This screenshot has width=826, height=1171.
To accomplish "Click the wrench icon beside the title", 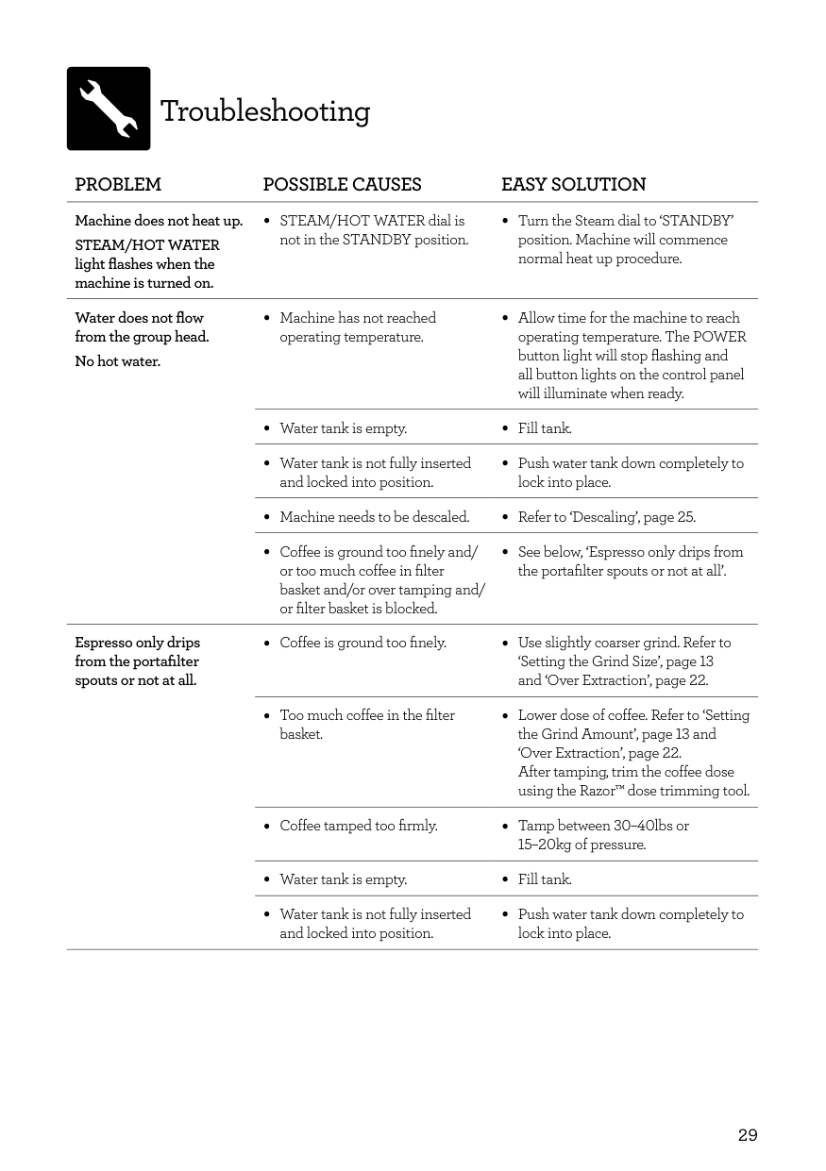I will pos(109,109).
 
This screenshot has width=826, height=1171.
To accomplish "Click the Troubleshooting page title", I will pos(265,111).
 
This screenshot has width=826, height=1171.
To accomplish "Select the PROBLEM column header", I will pos(118,185).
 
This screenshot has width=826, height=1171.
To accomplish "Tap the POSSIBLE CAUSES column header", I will pos(342,185).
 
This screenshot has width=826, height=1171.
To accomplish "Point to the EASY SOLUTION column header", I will pos(573,185).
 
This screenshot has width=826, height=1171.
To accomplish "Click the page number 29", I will pos(747,1135).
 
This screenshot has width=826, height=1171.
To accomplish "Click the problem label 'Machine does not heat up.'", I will pos(159,221).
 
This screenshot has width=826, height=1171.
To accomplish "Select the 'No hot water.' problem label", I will pos(117,361).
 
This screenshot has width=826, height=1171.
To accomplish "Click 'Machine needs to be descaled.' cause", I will pos(374,517).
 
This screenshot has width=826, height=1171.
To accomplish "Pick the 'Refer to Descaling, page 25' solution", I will pos(606,517).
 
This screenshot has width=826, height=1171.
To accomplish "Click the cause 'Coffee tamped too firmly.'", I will pos(358,826).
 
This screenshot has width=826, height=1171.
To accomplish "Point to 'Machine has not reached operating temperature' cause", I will pos(358,327).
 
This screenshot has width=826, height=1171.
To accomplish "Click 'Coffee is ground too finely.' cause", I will pos(362,643).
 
